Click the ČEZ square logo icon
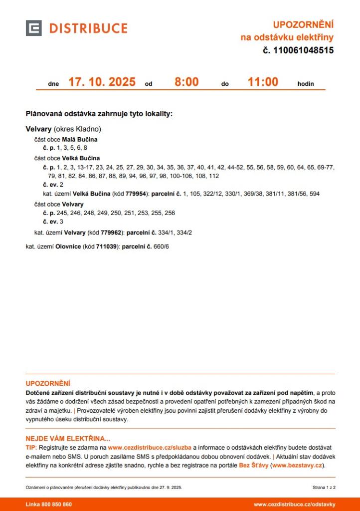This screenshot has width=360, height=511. (x=33, y=28)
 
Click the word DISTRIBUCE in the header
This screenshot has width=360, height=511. (x=88, y=28)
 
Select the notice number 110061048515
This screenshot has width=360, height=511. (x=303, y=50)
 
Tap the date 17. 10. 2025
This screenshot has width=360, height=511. (x=102, y=82)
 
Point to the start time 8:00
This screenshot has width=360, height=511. (x=186, y=82)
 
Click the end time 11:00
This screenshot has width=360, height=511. (x=263, y=82)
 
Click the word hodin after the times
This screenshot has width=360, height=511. (x=306, y=84)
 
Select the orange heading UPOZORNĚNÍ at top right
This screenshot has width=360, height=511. (x=303, y=24)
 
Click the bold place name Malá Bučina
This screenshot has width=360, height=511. (x=80, y=140)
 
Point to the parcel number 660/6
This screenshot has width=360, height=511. (x=163, y=247)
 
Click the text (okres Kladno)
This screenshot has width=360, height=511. (x=77, y=129)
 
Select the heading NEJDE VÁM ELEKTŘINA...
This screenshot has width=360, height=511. (x=68, y=439)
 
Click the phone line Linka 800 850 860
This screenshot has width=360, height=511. (x=49, y=505)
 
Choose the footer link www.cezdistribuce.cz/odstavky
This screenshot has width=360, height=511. (x=294, y=505)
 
